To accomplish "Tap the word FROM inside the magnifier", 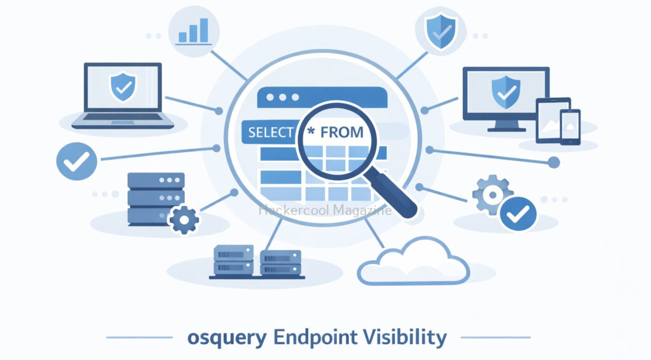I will [342, 133].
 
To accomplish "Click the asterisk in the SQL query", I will [310, 132].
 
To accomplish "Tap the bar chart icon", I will [194, 30].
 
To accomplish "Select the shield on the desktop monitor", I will [505, 91].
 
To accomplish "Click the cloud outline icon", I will [413, 260].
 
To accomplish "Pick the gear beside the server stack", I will [185, 219].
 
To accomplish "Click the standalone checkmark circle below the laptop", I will [76, 160].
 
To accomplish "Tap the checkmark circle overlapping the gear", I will [518, 212].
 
